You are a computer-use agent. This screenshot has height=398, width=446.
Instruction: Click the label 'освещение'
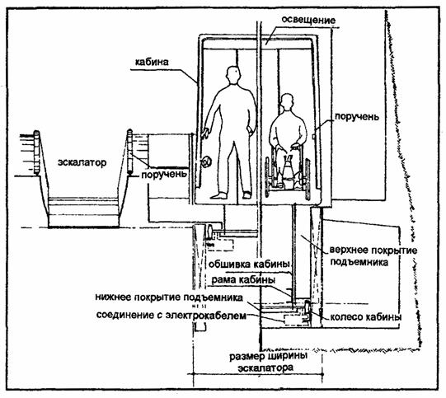(308, 20)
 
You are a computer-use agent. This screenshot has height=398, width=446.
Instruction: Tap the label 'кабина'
(152, 62)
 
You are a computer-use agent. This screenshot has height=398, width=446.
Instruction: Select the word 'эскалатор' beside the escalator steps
(82, 162)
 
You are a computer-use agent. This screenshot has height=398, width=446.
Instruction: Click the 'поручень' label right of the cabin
(357, 117)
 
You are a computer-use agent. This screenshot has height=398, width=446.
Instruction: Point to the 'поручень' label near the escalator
(164, 174)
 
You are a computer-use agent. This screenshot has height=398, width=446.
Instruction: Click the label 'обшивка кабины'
(249, 264)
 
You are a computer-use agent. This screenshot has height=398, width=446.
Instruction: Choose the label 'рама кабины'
(243, 280)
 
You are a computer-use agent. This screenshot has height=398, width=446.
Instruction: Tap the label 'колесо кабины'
(366, 317)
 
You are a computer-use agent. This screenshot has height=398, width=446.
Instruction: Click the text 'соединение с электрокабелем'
(171, 316)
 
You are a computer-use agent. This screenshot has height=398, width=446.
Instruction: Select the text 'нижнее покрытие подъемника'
(169, 297)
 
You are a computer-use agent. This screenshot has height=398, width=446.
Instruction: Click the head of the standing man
(234, 75)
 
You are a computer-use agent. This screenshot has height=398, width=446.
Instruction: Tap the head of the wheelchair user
(287, 102)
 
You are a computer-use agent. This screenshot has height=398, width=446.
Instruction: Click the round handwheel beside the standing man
(206, 162)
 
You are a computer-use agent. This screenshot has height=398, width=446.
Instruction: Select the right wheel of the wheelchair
(308, 179)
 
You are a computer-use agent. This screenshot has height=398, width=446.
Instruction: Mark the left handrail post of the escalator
(37, 152)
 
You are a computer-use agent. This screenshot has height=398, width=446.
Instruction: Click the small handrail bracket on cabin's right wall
(313, 137)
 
